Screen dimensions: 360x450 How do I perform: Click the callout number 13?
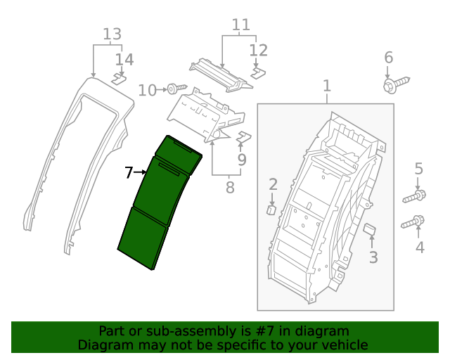coord(112,34)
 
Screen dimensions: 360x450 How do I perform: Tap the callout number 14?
coord(124,60)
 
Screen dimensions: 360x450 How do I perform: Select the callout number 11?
coord(241,25)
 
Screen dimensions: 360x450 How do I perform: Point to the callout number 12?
coord(259,50)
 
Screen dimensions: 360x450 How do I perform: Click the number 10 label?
coord(148,90)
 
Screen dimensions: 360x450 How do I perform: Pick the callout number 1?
coord(327,86)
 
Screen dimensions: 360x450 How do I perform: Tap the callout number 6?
coord(388,58)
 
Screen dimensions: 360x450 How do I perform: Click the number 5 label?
coord(418,169)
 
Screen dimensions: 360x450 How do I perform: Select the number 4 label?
coord(420,247)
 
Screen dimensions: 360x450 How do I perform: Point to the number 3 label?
coord(373,257)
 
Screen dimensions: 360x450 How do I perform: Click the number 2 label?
coord(273,185)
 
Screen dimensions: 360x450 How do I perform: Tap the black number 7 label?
coord(129,172)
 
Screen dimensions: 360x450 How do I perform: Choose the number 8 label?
coord(229,188)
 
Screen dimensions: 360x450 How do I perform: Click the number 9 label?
coord(242,160)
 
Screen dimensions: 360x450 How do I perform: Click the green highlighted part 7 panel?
coord(158,204)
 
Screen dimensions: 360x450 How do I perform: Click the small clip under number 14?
coord(119,78)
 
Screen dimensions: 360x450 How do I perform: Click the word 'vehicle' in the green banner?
coord(343,345)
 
